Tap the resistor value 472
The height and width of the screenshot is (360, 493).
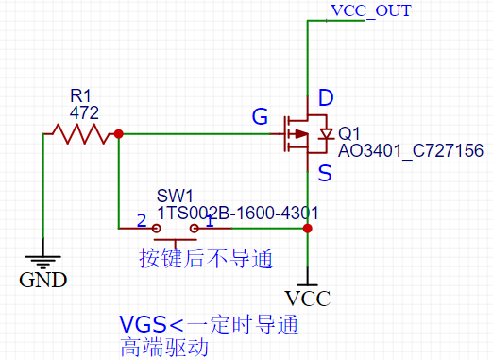85,111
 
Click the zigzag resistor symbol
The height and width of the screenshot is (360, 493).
81,135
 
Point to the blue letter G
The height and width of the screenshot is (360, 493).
259,117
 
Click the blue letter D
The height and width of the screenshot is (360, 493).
326,97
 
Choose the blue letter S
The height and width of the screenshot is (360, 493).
325,173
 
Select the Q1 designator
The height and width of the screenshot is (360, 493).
348,133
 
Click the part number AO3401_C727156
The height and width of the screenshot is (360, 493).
411,150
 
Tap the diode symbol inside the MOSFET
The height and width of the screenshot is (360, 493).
326,134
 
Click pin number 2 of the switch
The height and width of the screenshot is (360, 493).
142,221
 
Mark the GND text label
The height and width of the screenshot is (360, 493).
43,279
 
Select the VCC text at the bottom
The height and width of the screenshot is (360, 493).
308,300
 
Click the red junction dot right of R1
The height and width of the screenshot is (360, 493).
118,135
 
